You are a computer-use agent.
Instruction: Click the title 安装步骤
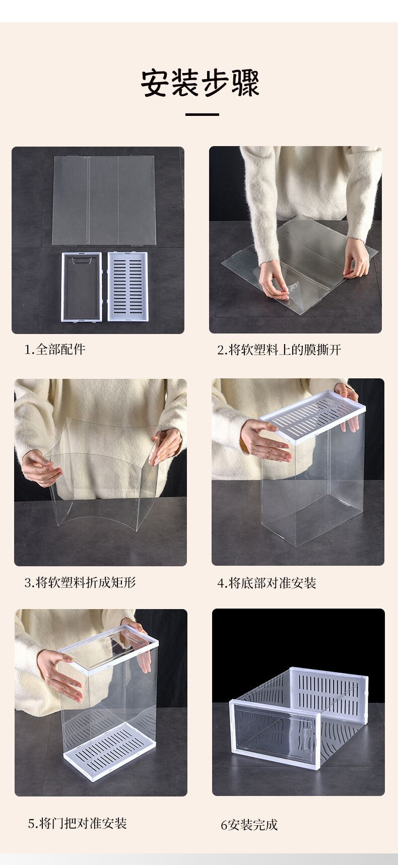coord(200,83)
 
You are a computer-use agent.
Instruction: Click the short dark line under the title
coord(202,115)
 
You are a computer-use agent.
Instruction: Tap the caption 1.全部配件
coord(55,349)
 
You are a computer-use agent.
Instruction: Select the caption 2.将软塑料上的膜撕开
coord(279,350)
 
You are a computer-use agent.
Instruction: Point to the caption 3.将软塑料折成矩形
coord(80,583)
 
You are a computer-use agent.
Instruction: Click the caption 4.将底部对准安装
coord(267,583)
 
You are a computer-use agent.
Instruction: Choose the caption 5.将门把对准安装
coord(77,823)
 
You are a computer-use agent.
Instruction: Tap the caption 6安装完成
coord(249,825)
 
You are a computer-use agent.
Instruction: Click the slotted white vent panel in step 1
coord(127,286)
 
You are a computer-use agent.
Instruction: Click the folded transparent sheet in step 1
coord(104,200)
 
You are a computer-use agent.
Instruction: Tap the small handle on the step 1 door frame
coord(82,261)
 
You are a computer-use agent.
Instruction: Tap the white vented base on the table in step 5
coord(109,750)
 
